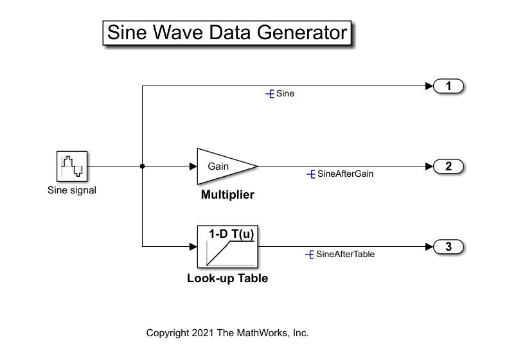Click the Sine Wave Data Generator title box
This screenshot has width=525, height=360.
pyautogui.click(x=227, y=33)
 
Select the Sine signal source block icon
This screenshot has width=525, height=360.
pyautogui.click(x=71, y=166)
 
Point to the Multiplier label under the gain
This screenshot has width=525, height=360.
pyautogui.click(x=227, y=195)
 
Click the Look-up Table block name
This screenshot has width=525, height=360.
pyautogui.click(x=227, y=278)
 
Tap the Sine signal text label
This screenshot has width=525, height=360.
pyautogui.click(x=72, y=190)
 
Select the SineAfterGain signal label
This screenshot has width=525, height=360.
pyautogui.click(x=345, y=174)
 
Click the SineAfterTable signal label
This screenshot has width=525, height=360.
pyautogui.click(x=345, y=254)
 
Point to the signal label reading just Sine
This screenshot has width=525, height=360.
pyautogui.click(x=285, y=94)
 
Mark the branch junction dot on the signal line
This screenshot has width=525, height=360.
pyautogui.click(x=142, y=166)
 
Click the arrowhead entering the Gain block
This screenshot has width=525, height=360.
pyautogui.click(x=193, y=166)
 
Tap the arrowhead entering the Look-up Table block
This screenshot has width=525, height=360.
pyautogui.click(x=193, y=247)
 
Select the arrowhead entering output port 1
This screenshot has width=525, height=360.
pyautogui.click(x=429, y=86)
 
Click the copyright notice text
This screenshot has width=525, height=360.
pyautogui.click(x=227, y=333)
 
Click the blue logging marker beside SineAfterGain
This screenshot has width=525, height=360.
pyautogui.click(x=312, y=174)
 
